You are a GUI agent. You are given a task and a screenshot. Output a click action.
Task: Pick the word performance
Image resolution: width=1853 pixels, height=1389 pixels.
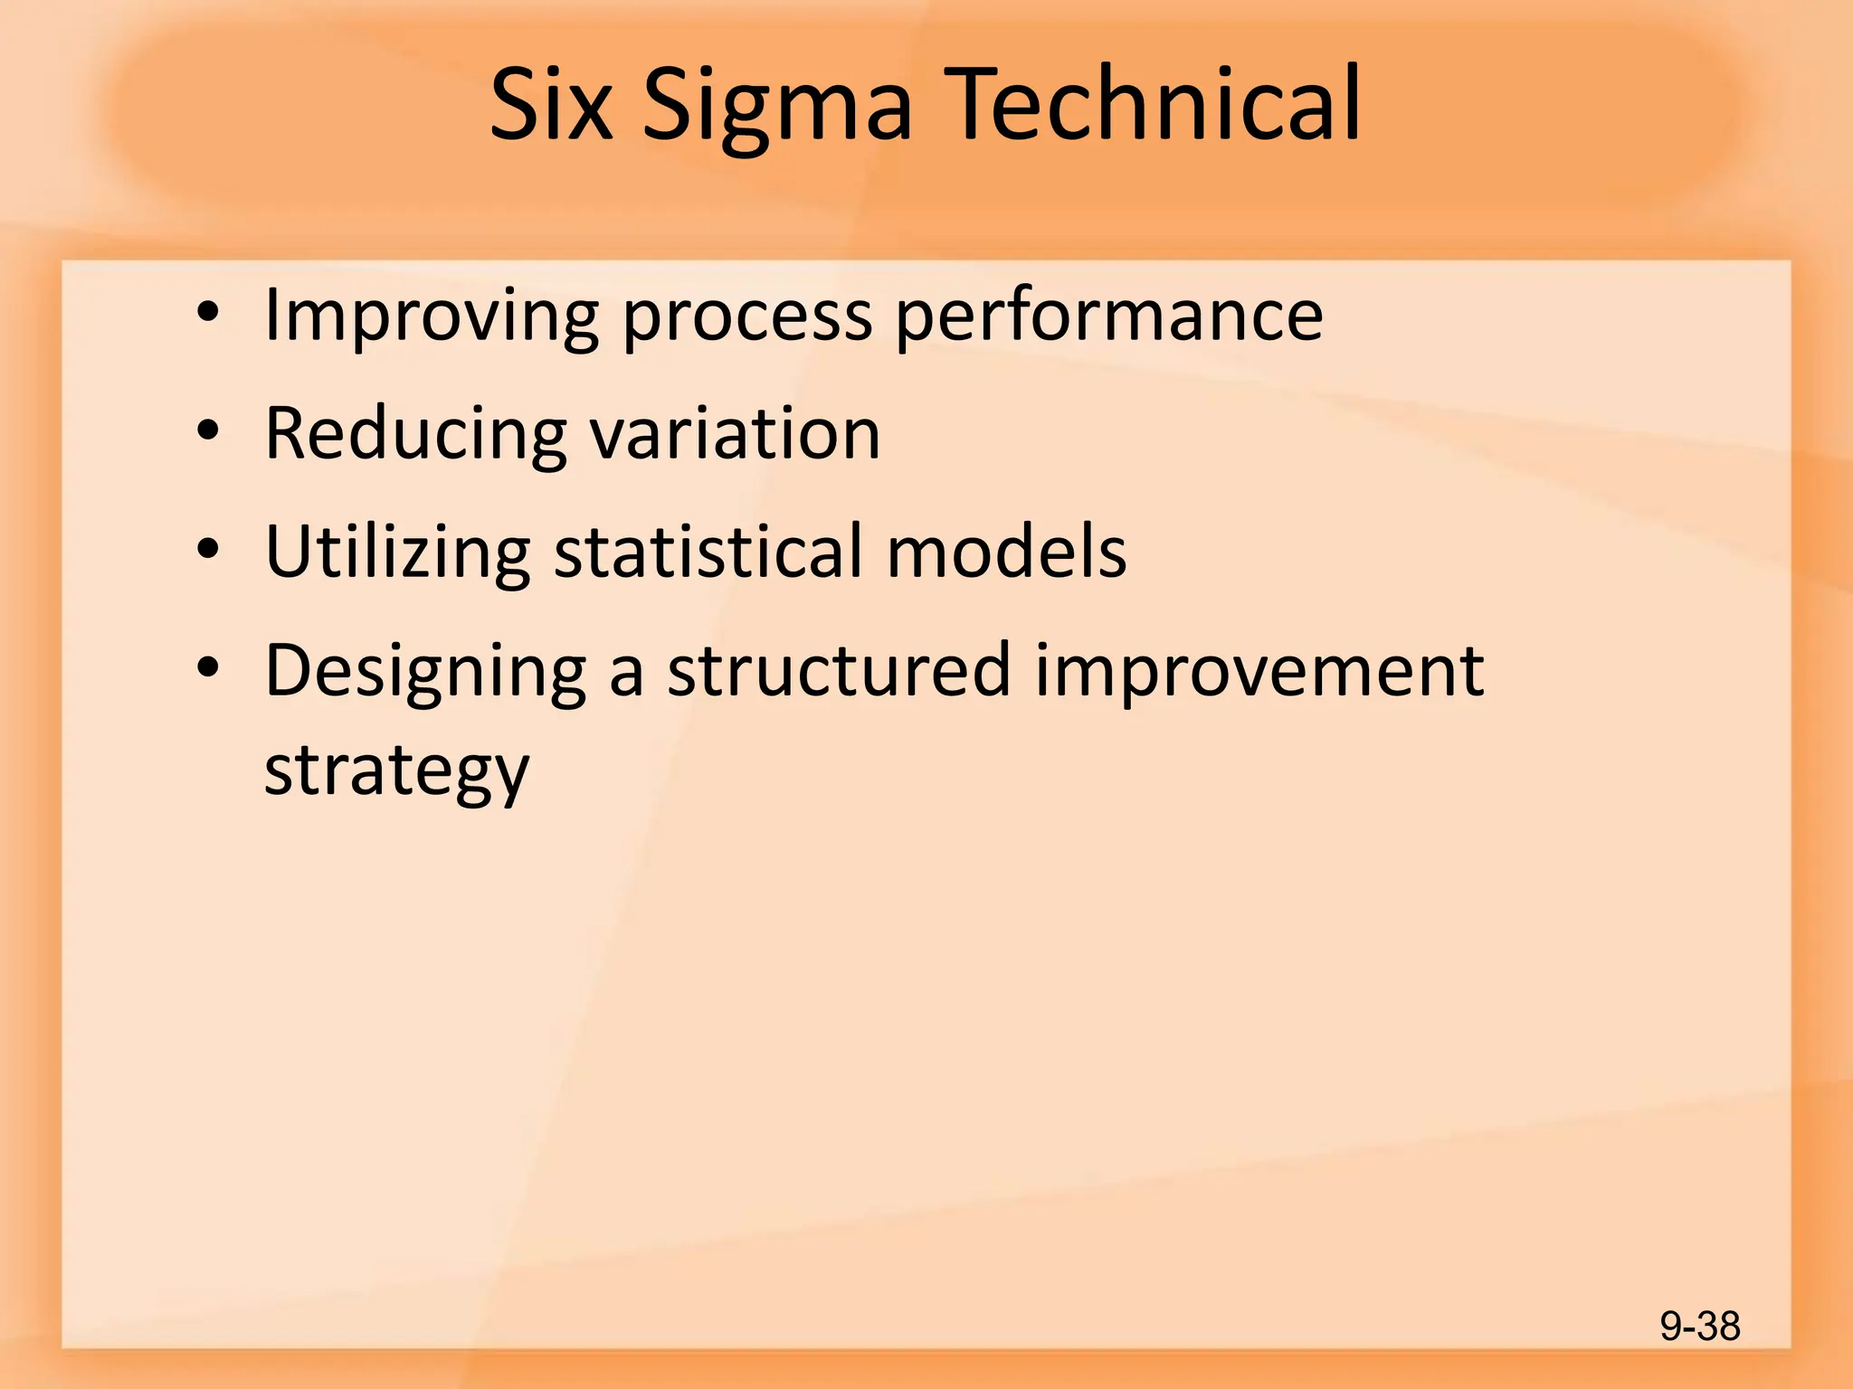[1109, 317]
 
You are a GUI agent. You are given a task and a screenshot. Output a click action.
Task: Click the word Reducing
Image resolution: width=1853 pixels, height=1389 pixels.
[415, 435]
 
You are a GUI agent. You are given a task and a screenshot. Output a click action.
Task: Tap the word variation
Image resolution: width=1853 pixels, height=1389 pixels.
[735, 433]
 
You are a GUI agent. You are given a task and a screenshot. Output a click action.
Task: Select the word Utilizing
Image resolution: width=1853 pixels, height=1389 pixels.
[397, 553]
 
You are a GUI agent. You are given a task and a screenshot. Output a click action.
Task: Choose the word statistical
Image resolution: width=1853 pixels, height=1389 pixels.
[708, 551]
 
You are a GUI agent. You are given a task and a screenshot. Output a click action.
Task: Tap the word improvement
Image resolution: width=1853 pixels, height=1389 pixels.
[1259, 670]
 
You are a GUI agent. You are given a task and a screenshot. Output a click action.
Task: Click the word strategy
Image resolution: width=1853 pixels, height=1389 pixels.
[396, 772]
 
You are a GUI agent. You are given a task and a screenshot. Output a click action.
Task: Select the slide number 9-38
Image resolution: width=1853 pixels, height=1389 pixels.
[1699, 1327]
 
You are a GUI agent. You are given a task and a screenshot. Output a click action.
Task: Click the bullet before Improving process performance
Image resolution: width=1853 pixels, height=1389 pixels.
[208, 313]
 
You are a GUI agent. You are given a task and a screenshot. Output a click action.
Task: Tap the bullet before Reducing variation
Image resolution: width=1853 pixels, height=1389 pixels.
[208, 431]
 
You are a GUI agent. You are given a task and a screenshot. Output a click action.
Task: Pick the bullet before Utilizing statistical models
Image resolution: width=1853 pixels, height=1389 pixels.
[208, 549]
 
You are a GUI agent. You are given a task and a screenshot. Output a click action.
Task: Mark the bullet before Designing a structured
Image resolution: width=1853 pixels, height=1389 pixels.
[208, 667]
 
